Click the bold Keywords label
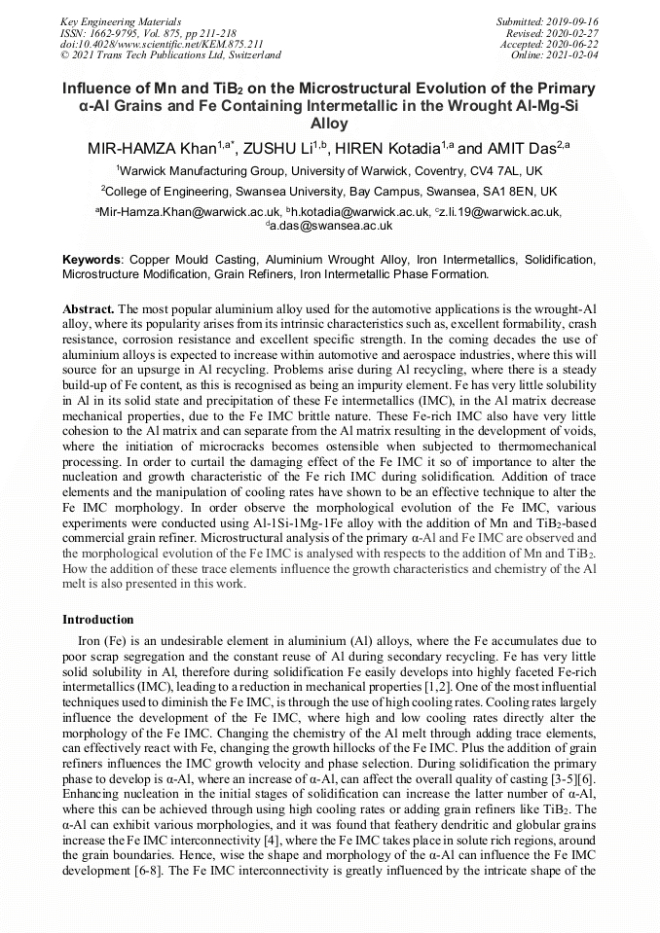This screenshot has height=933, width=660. click(x=92, y=261)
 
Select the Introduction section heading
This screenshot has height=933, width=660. click(x=98, y=620)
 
